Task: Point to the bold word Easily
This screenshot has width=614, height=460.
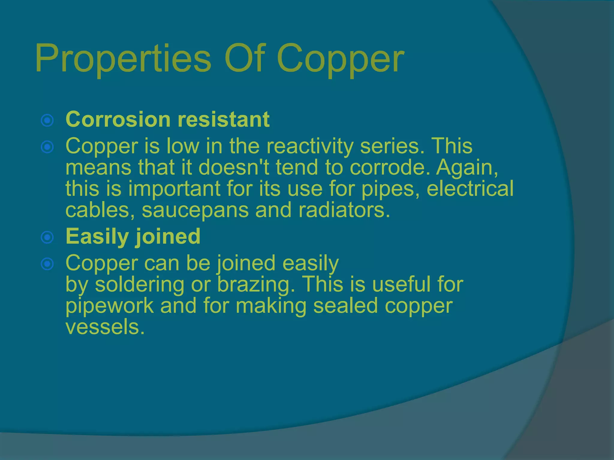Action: (x=97, y=237)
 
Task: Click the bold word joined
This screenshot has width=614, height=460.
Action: (x=168, y=237)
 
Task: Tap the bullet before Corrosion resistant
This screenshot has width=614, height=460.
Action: (x=47, y=120)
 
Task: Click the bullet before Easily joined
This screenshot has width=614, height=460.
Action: (x=47, y=237)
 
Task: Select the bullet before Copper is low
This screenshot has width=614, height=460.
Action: (x=47, y=147)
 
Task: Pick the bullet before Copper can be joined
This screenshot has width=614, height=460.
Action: (x=47, y=264)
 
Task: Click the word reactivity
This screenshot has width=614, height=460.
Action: (x=310, y=146)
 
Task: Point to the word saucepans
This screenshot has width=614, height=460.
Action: (x=195, y=210)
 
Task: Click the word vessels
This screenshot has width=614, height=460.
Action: (x=105, y=327)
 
